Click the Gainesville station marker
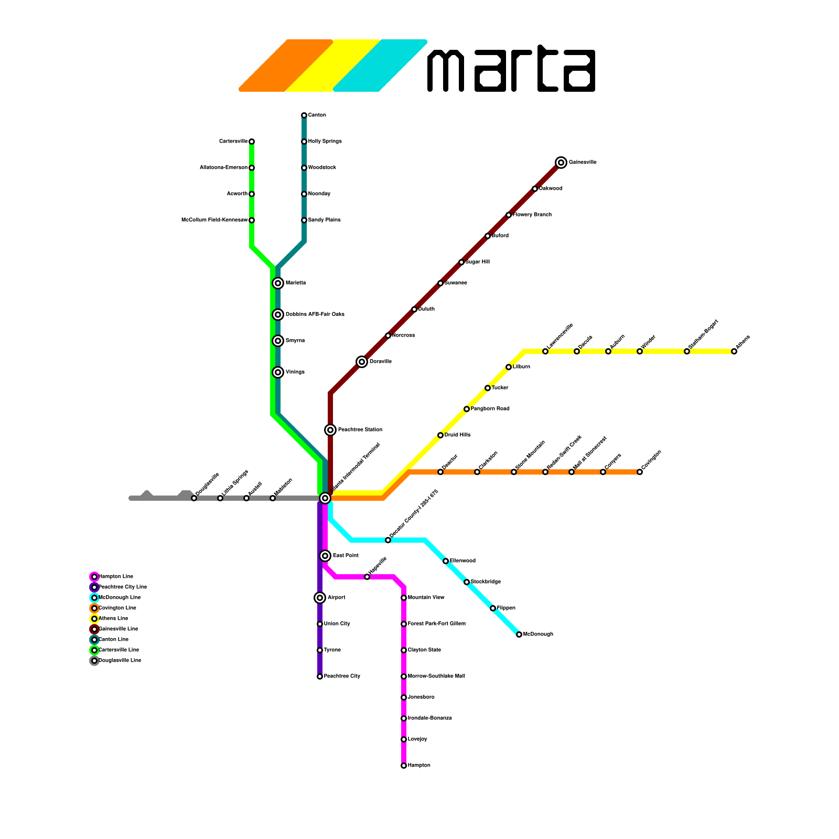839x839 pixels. [561, 163]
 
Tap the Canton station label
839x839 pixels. [317, 115]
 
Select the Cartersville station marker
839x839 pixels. [252, 142]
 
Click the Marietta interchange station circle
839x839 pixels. [278, 283]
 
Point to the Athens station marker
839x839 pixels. [734, 351]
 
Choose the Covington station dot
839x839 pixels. [640, 472]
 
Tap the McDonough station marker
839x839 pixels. [519, 634]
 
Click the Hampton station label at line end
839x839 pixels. [419, 766]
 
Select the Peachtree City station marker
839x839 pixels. [320, 676]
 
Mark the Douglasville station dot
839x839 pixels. [194, 498]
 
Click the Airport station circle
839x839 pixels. [320, 598]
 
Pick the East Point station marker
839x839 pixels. [325, 556]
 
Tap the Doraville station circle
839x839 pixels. [362, 362]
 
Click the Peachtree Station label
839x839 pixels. [360, 430]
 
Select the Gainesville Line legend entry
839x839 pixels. [118, 629]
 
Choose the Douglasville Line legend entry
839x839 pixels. [120, 661]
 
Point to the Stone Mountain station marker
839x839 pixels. [514, 472]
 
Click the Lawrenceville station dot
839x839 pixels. [545, 351]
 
